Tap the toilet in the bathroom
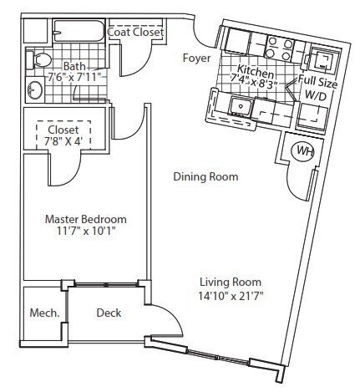(40, 59)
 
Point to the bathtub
(76, 33)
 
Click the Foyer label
(197, 58)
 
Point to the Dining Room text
(205, 177)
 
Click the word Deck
(109, 313)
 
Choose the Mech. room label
(44, 313)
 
